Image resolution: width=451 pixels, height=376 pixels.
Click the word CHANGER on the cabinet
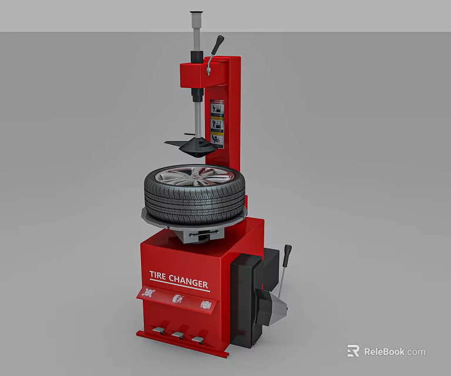(x=189, y=281)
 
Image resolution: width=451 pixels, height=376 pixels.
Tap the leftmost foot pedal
(x=157, y=331)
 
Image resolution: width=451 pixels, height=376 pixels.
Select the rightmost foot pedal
(x=197, y=338)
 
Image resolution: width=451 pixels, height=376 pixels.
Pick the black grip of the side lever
(x=288, y=253)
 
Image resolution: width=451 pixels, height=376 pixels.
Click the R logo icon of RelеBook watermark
(x=353, y=351)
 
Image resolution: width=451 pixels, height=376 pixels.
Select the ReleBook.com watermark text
(x=394, y=352)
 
